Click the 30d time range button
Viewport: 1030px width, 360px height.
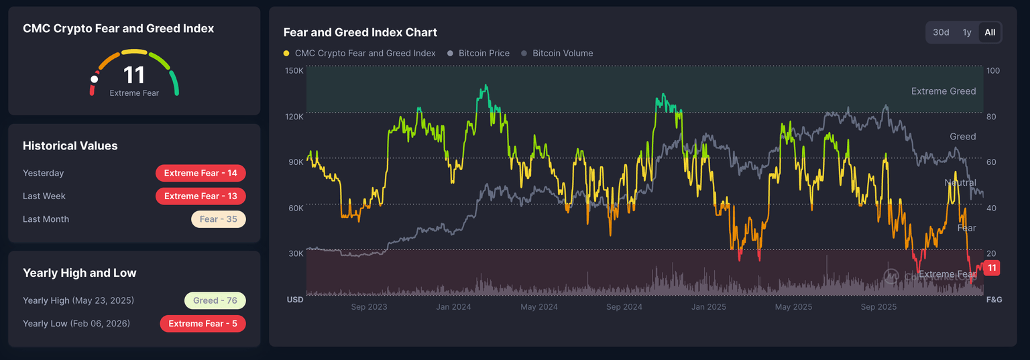(941, 32)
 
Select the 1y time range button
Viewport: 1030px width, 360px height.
(967, 32)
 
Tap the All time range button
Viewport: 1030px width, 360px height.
(990, 32)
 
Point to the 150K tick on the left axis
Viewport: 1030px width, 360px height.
(294, 70)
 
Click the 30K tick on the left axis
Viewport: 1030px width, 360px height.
(296, 253)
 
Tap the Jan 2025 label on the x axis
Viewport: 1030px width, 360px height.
(708, 307)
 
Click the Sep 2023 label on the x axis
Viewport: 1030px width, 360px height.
(369, 307)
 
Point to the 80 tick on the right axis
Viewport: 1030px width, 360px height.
(992, 117)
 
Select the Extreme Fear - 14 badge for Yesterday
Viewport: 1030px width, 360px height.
(201, 173)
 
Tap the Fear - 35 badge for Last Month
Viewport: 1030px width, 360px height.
(219, 219)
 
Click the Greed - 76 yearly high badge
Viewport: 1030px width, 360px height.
(215, 300)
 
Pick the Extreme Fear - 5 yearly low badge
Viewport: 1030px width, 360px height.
(203, 324)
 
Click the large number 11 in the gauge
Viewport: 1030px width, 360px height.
(134, 75)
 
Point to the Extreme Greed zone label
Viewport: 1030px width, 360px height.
(943, 91)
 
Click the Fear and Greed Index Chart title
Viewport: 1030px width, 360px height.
(360, 32)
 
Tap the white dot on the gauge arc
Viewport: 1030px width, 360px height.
(95, 79)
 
